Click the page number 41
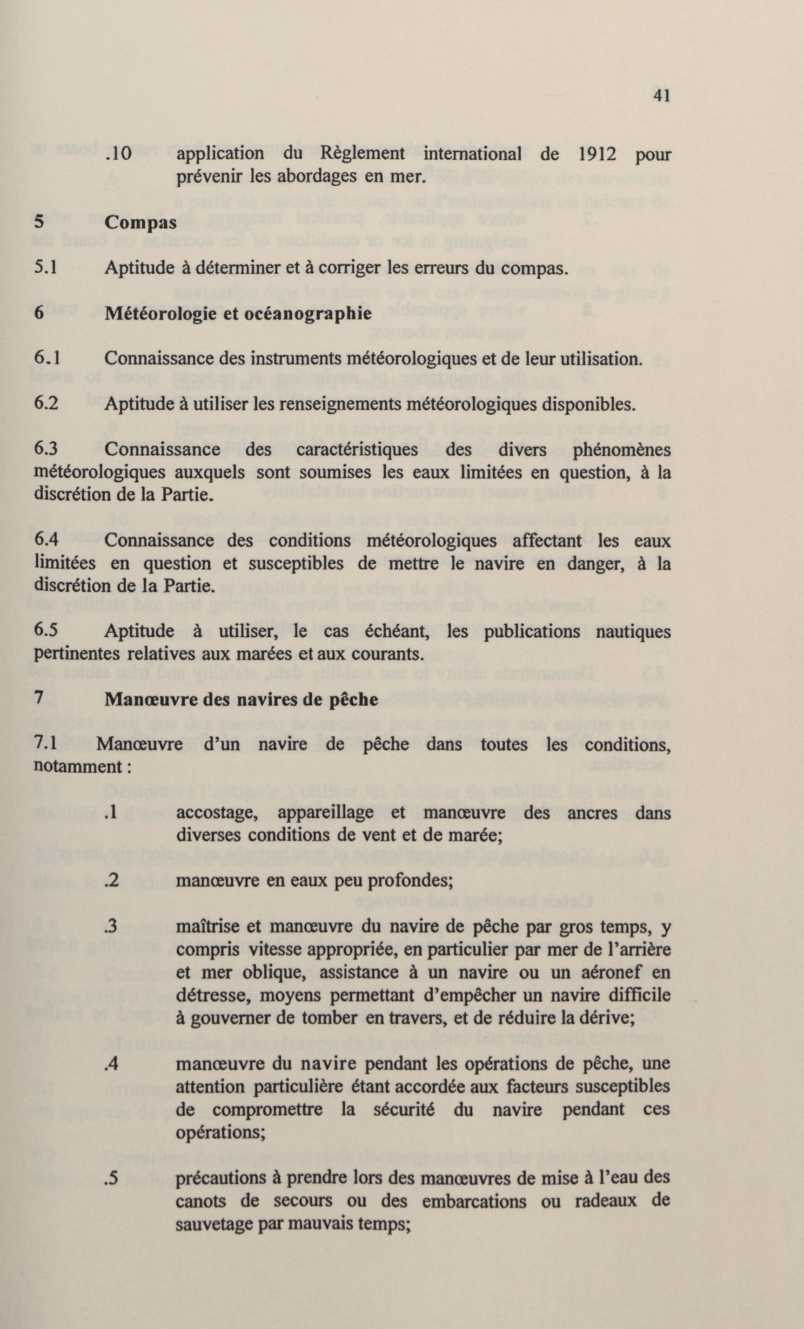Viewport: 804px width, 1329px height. click(x=661, y=95)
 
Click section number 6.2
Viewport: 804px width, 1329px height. click(x=47, y=404)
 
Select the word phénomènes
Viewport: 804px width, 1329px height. click(x=621, y=450)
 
